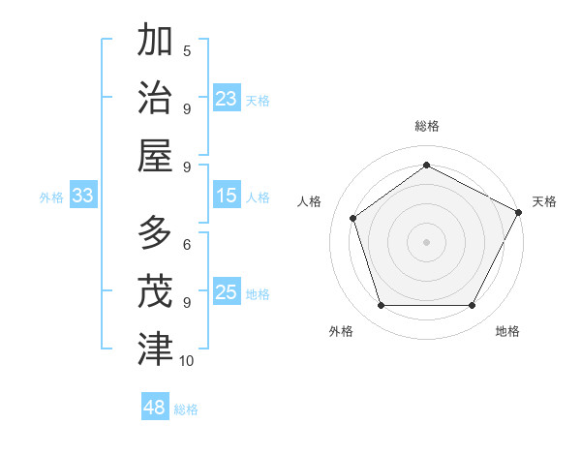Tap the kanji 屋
click(155, 155)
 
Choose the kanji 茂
click(155, 291)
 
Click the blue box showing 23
click(227, 99)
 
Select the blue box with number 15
click(227, 196)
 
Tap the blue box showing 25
click(227, 292)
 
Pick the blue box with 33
click(83, 196)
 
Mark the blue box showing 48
click(155, 408)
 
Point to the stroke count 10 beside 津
click(187, 361)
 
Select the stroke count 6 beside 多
click(187, 246)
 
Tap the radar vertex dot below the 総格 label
click(426, 166)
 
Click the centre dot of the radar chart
click(426, 241)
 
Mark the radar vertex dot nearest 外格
click(381, 306)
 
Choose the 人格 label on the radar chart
click(310, 201)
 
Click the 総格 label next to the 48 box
click(186, 409)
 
